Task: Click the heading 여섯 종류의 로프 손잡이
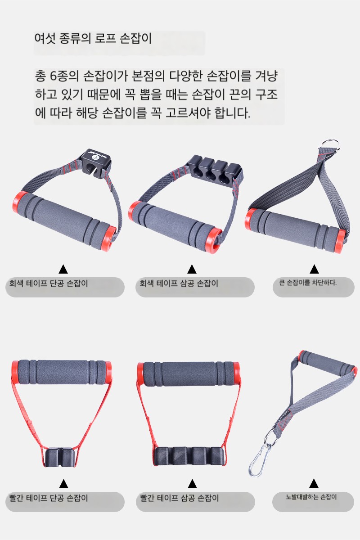(93, 39)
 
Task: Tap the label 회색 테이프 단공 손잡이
(49, 283)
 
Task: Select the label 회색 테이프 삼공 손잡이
(179, 283)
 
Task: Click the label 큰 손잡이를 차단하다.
(308, 282)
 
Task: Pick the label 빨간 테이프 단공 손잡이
(49, 498)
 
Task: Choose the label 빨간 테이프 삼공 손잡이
(180, 498)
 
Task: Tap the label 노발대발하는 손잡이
(311, 497)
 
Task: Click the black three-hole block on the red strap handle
(190, 456)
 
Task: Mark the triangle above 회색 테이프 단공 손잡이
(63, 269)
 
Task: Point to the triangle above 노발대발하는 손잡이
(314, 483)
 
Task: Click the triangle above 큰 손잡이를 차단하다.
(314, 269)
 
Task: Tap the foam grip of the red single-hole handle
(62, 372)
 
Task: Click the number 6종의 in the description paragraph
(64, 76)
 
